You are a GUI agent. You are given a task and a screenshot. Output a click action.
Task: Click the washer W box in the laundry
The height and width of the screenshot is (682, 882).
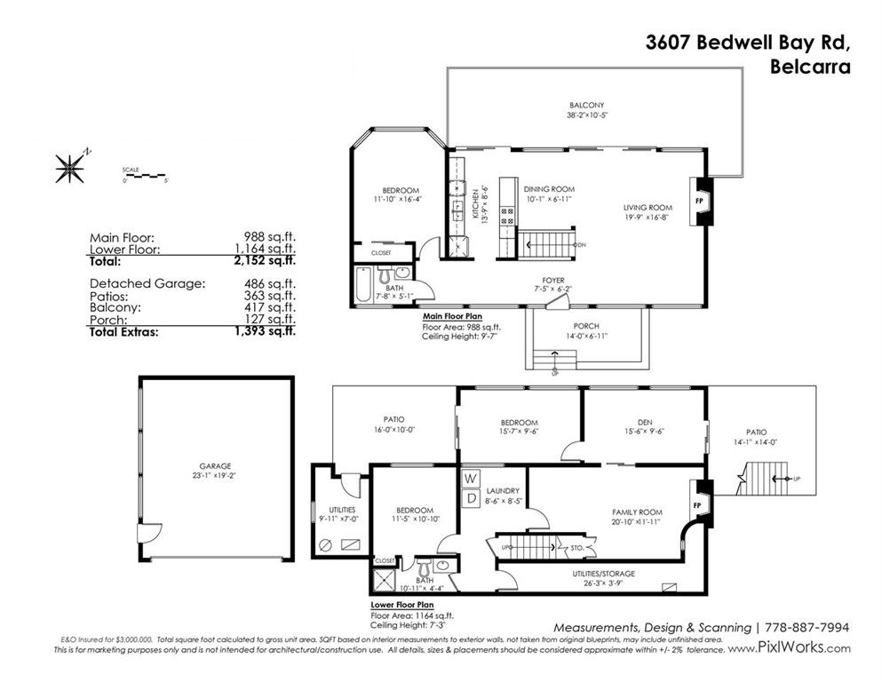(x=469, y=480)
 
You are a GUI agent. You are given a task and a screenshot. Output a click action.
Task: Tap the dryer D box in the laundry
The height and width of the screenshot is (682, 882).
(x=469, y=498)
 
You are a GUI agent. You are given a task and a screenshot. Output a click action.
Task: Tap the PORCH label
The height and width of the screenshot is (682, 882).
(x=585, y=327)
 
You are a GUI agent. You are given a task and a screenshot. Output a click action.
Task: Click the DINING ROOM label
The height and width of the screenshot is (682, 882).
(x=549, y=189)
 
